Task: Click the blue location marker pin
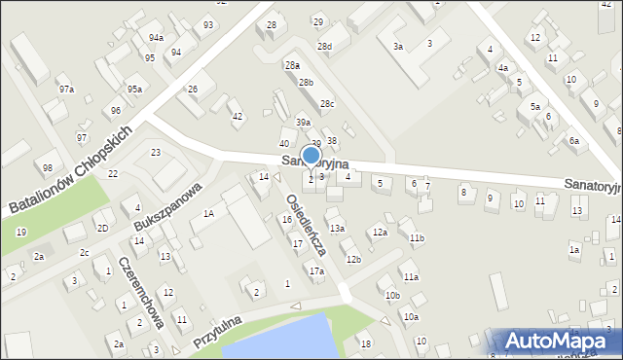point(311,157)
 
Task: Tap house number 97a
point(66,90)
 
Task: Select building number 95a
point(134,90)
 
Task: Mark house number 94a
point(156,37)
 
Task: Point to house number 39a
point(304,122)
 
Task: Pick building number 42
point(237,117)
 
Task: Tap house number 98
point(47,167)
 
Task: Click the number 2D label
point(102,228)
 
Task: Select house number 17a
point(316,271)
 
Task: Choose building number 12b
point(353,259)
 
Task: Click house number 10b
point(391,295)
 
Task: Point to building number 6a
point(574,141)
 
